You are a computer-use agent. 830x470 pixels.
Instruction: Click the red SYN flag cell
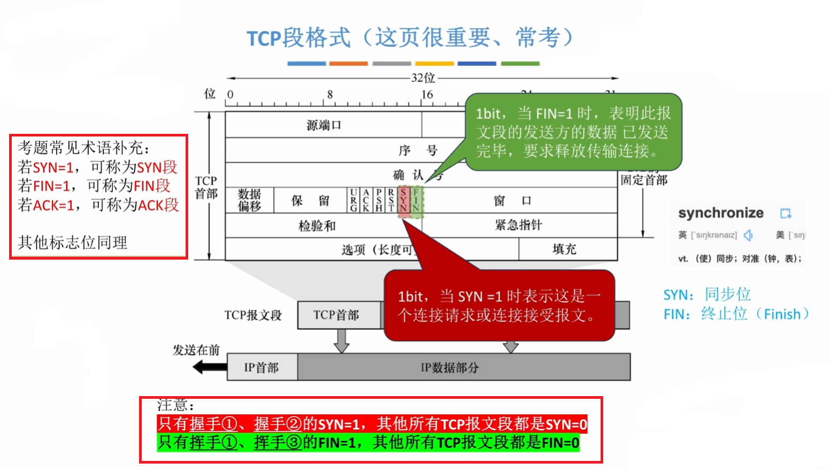[x=404, y=201]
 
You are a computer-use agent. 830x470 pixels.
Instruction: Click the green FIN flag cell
[x=416, y=201]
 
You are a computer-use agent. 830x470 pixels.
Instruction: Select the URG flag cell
[x=353, y=200]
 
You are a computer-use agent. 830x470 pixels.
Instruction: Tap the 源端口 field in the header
[x=324, y=125]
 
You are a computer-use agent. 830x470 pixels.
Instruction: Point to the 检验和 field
[x=317, y=226]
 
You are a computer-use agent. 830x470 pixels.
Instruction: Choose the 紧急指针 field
[x=518, y=225]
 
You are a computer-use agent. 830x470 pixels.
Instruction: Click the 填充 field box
[x=565, y=249]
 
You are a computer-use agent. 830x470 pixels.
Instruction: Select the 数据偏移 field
[x=249, y=200]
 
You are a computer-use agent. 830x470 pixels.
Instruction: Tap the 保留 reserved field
[x=310, y=201]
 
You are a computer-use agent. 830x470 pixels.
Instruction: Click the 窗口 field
[x=512, y=201]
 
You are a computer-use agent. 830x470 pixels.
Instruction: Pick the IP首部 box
[x=262, y=367]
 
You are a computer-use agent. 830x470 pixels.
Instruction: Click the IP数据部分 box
[x=449, y=367]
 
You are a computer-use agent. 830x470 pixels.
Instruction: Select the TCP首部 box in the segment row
[x=336, y=315]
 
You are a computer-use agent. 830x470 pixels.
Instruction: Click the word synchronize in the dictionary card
[x=720, y=213]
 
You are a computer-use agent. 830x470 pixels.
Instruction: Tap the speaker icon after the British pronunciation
[x=748, y=235]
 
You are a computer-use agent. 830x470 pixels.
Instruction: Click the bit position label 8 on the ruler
[x=330, y=95]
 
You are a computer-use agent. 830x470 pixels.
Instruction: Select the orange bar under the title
[x=348, y=64]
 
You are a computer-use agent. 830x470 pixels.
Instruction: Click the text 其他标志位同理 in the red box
[x=73, y=242]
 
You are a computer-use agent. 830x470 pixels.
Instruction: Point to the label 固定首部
[x=644, y=180]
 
